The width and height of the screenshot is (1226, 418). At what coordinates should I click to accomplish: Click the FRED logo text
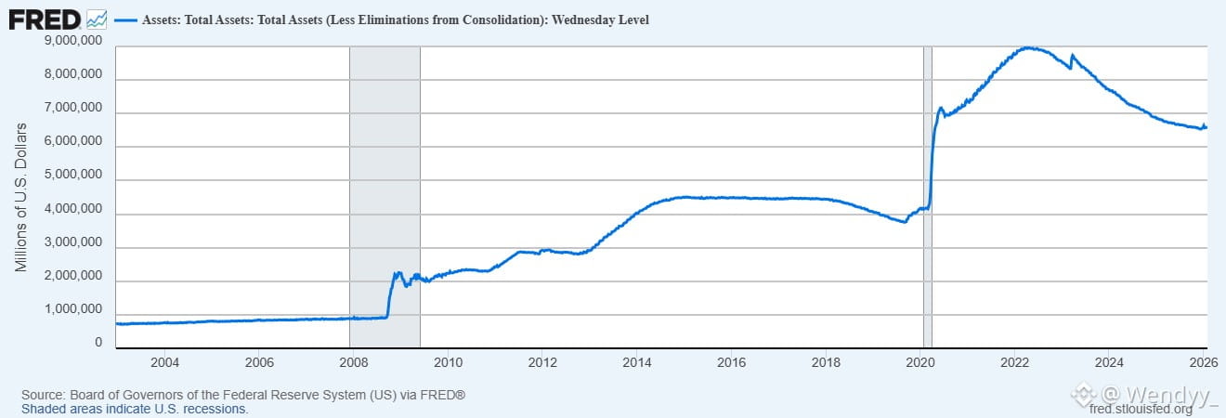(44, 19)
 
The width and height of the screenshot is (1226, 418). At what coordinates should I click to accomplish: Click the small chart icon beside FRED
(96, 19)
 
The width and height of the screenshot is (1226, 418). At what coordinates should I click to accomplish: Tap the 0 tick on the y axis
(98, 343)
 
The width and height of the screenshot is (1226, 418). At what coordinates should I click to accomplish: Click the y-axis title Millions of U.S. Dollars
(20, 197)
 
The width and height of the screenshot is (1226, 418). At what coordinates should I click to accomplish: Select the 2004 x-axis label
(163, 362)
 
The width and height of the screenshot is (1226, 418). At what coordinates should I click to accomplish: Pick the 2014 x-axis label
(636, 362)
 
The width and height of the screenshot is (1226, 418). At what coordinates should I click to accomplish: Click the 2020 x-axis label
(919, 362)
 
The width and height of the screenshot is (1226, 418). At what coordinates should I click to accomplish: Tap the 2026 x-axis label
(1204, 362)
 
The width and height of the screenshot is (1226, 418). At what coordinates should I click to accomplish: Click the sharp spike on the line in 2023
(1072, 56)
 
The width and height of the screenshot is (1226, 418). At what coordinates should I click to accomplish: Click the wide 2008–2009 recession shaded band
(385, 186)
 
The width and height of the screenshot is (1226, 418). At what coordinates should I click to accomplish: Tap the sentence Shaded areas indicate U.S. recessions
(135, 409)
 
